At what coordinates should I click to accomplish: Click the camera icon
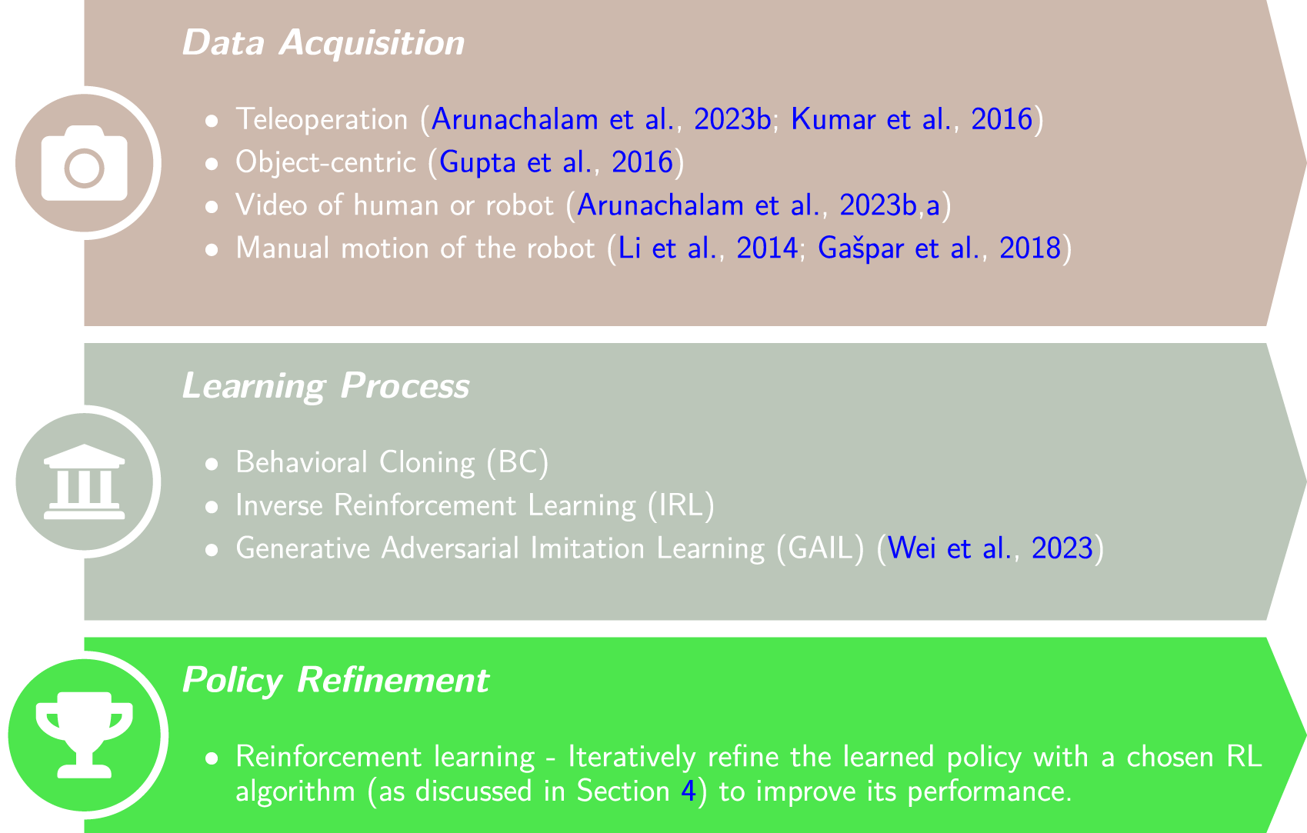(85, 163)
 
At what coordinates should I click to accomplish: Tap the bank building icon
(85, 481)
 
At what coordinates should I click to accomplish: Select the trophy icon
(85, 735)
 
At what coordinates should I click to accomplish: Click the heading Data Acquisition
(323, 43)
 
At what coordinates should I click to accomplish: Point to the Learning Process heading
(325, 386)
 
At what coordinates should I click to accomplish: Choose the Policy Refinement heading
(335, 680)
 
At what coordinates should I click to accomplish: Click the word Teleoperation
(322, 120)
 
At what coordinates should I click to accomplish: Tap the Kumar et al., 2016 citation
(912, 119)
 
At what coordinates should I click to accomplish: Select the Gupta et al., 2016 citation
(556, 162)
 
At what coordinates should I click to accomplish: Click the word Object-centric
(325, 162)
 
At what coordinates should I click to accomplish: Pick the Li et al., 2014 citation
(708, 248)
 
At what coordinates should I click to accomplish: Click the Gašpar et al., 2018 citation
(939, 248)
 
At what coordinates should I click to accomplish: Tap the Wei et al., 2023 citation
(989, 548)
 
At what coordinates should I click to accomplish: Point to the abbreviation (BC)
(518, 462)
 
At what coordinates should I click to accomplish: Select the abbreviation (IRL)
(681, 506)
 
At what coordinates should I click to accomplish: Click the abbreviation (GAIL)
(820, 548)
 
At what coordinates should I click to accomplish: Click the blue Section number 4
(689, 791)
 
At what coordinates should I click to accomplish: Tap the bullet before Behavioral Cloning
(212, 465)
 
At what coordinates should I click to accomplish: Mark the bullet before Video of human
(212, 207)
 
